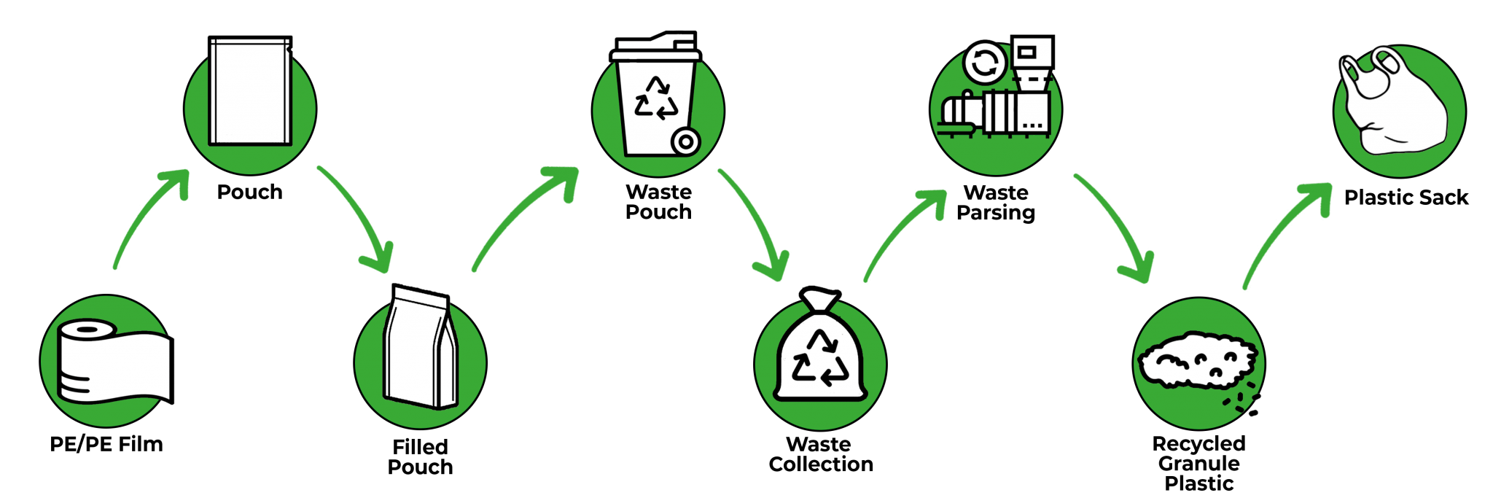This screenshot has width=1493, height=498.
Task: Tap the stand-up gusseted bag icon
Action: click(x=421, y=348)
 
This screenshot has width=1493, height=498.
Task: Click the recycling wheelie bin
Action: click(x=656, y=98)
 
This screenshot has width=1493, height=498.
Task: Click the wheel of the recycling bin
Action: click(x=685, y=142)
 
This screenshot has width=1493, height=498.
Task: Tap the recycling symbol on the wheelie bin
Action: click(x=656, y=98)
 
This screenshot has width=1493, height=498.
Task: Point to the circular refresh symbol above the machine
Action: click(x=985, y=63)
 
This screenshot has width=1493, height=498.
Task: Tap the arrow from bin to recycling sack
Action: click(x=755, y=222)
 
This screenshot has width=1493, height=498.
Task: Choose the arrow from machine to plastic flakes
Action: click(x=1115, y=226)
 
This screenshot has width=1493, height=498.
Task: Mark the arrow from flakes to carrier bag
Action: click(x=1287, y=233)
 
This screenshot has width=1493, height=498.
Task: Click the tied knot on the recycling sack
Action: click(x=820, y=299)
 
